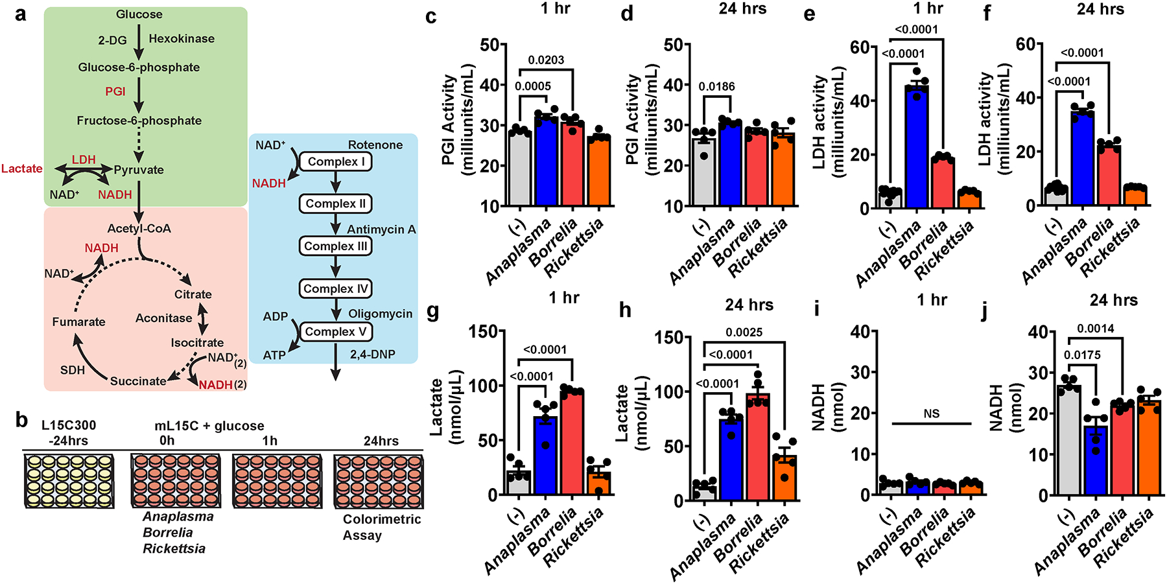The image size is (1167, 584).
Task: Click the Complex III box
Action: tap(335, 246)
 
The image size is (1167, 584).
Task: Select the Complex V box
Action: tap(335, 332)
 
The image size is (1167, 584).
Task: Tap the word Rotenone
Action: tap(375, 145)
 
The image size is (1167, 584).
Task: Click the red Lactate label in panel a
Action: tap(22, 169)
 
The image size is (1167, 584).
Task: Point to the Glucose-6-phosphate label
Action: tap(139, 67)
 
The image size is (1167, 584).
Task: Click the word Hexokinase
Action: tap(182, 39)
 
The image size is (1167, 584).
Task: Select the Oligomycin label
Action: tap(381, 314)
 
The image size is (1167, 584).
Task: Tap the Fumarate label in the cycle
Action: tap(78, 321)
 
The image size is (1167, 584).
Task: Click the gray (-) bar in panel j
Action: tap(1068, 441)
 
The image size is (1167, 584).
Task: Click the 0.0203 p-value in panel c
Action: tap(546, 60)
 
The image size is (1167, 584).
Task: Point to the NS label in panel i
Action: tap(932, 414)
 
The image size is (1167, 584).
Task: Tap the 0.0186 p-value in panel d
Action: tap(716, 87)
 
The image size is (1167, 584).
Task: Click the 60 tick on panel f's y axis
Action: tap(1026, 44)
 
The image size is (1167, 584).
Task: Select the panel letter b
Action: tap(21, 421)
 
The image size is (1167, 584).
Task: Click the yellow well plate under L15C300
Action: tap(69, 480)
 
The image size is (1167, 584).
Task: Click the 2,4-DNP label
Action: tap(372, 355)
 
